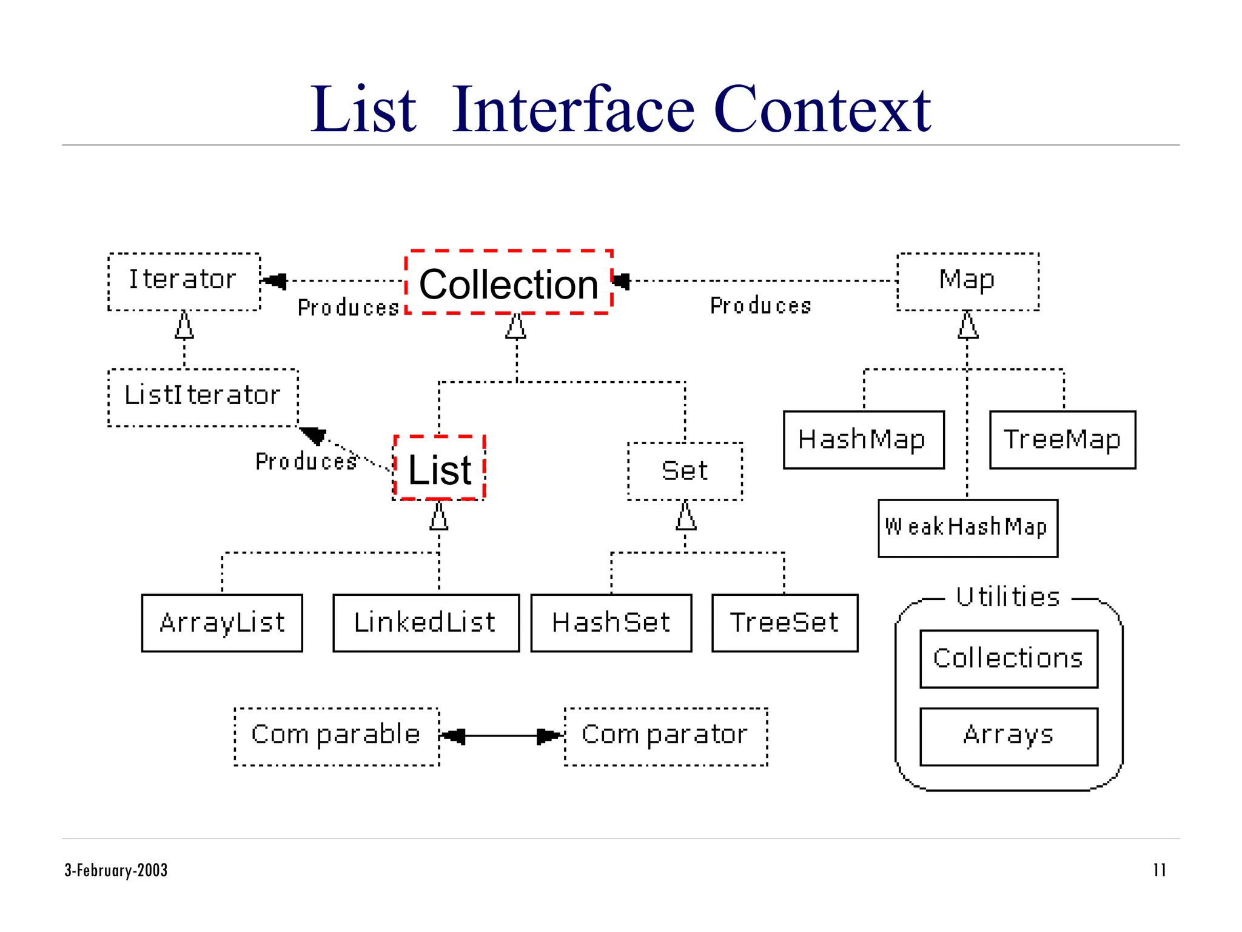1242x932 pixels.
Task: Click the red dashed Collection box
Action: tap(508, 283)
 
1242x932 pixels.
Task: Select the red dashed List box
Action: tap(440, 468)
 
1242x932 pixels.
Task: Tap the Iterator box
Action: tap(184, 281)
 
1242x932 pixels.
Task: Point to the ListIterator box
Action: tap(203, 397)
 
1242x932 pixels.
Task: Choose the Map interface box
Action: tap(967, 281)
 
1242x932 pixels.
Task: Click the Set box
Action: tap(685, 471)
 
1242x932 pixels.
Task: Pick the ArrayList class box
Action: tap(222, 623)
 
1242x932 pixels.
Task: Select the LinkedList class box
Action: tap(426, 623)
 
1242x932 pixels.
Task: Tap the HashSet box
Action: tap(611, 623)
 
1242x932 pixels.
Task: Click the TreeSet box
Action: tap(785, 623)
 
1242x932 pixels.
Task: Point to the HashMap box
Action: tap(863, 439)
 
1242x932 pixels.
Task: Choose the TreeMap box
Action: tap(1062, 439)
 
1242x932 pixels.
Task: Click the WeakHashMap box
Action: tap(967, 527)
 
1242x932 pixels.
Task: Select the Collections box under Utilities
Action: tap(1009, 658)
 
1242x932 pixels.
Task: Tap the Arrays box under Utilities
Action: tap(1009, 736)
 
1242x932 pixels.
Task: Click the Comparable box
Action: tap(337, 736)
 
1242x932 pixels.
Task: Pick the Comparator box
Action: tap(665, 736)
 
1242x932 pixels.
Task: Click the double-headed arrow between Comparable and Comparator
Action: tap(502, 736)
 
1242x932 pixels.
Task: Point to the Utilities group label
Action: tap(1008, 597)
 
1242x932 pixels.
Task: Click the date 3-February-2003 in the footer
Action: tap(116, 870)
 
